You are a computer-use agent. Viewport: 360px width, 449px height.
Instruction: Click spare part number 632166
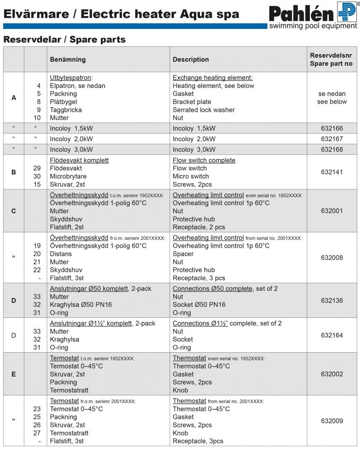[332, 128]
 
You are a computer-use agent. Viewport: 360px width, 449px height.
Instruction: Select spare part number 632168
[332, 150]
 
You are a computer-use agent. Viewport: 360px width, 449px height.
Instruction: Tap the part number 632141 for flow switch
[332, 172]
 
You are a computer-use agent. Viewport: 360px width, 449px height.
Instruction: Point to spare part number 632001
[332, 211]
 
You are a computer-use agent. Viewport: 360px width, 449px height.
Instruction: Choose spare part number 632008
[332, 258]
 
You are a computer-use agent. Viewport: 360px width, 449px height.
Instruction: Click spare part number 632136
[332, 300]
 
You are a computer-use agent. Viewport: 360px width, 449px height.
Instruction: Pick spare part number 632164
[332, 335]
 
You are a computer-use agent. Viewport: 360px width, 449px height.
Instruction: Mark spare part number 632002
[332, 374]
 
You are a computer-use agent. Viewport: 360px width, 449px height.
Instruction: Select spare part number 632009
[332, 421]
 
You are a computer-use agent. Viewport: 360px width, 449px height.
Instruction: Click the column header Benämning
[67, 60]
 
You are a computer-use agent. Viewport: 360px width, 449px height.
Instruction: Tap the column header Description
[191, 60]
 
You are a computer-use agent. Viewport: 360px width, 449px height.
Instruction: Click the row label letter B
[13, 172]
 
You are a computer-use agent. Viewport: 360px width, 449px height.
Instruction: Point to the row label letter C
[13, 211]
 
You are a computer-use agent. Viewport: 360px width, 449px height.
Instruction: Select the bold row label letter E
[13, 374]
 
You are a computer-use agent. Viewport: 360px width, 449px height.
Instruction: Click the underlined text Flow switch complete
[204, 161]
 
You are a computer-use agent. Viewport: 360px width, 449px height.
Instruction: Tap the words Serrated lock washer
[204, 110]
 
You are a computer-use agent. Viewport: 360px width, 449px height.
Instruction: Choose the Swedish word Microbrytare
[68, 177]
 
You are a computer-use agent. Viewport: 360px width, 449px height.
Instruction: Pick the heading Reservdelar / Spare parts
[65, 40]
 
